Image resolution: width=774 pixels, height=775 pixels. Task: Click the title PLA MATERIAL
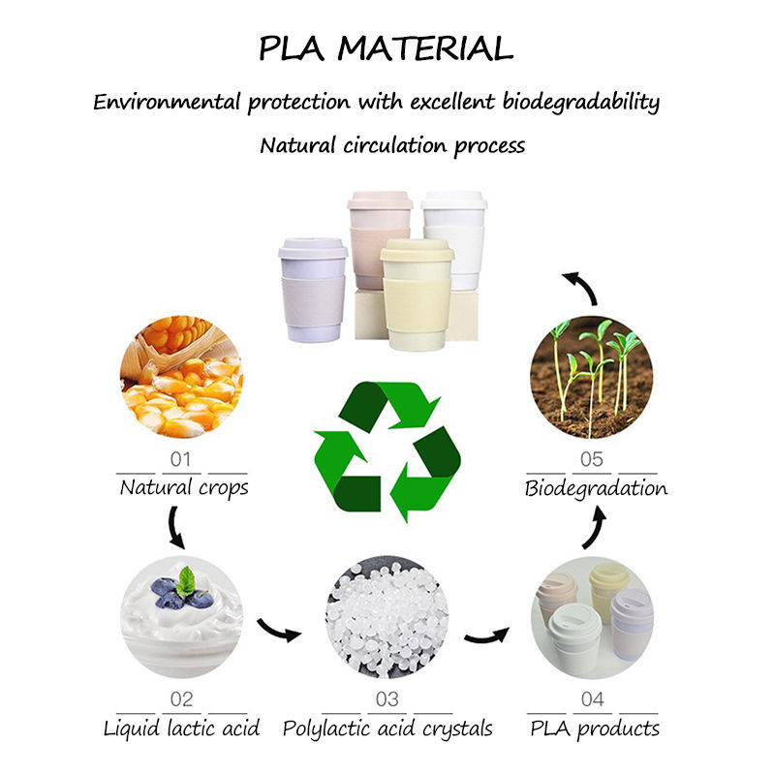click(386, 48)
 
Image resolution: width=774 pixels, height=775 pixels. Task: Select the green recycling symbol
click(387, 450)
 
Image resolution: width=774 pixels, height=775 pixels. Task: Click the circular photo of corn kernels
click(182, 378)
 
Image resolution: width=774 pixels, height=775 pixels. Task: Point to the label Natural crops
click(184, 487)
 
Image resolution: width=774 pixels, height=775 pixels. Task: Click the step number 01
click(182, 458)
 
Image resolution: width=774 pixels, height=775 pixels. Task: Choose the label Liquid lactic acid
click(182, 728)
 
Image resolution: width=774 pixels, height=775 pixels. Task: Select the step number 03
click(387, 699)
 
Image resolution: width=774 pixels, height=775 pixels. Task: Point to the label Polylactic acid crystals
click(387, 728)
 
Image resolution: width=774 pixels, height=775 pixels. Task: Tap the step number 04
click(593, 699)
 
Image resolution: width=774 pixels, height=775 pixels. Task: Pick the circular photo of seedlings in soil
click(593, 378)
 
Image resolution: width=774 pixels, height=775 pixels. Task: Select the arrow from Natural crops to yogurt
click(177, 527)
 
